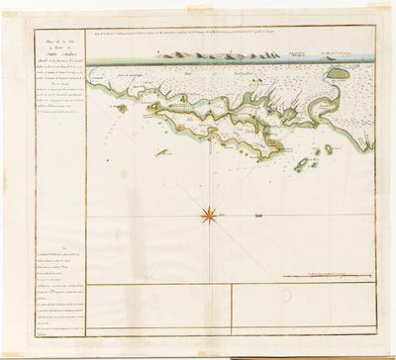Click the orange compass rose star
pyautogui.click(x=211, y=210)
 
